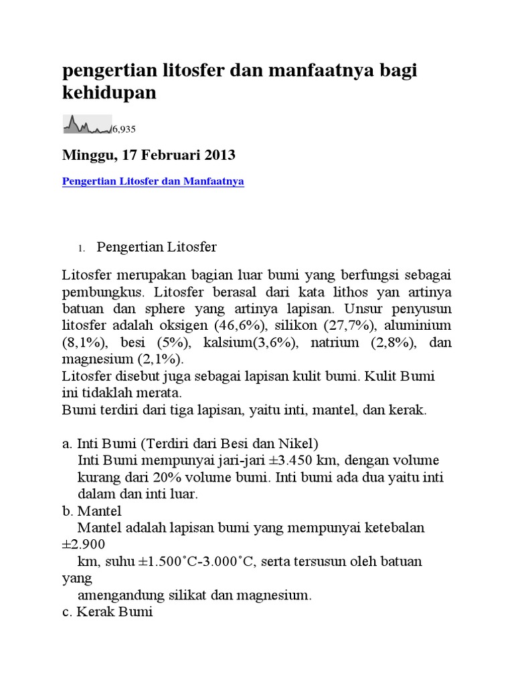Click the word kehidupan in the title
[109, 93]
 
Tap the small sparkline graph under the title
[86, 124]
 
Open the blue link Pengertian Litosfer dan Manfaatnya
[153, 181]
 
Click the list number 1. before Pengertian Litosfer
[80, 249]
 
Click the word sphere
[150, 309]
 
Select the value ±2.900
[83, 545]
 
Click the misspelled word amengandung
[120, 595]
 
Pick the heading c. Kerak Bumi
[107, 611]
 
